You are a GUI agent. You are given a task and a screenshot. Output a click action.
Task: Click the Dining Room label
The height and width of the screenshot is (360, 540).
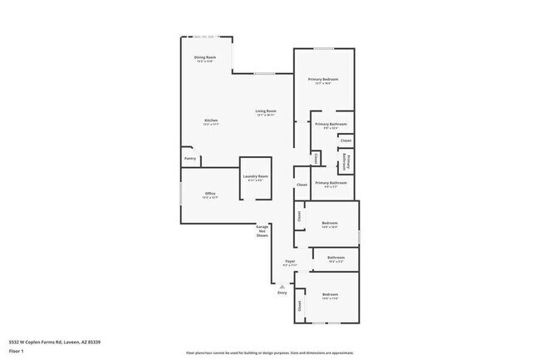point(205,57)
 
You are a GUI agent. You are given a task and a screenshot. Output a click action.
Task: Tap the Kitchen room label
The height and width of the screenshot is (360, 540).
point(211,121)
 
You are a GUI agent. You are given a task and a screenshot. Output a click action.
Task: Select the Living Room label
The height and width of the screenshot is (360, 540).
point(266,111)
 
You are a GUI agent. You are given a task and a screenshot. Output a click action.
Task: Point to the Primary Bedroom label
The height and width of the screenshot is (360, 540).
point(324,79)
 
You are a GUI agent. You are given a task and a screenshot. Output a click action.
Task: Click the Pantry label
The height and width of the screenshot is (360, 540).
point(190,158)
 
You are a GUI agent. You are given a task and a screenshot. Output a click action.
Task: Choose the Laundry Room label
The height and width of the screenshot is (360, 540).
point(255,176)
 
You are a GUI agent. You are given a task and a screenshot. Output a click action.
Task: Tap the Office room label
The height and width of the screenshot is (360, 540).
point(210,194)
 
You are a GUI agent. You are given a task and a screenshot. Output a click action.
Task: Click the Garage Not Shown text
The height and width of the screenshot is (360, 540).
point(262,231)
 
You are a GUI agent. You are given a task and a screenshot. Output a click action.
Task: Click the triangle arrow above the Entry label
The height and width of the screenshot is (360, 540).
point(282,286)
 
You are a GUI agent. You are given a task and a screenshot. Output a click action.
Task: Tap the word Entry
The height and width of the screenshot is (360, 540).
point(282,293)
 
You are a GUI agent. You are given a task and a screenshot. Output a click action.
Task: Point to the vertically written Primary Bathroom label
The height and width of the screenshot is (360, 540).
point(349,162)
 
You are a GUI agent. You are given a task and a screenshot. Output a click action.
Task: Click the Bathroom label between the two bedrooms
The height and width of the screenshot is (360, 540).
point(336,258)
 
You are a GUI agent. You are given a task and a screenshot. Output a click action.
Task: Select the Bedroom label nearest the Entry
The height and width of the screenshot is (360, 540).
point(330,294)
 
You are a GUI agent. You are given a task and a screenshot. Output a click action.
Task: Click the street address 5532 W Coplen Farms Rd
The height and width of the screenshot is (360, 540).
point(50,342)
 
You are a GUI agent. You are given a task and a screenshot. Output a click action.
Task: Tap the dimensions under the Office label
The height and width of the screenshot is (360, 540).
point(210,199)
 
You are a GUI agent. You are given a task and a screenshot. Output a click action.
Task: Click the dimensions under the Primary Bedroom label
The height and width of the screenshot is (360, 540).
point(324,84)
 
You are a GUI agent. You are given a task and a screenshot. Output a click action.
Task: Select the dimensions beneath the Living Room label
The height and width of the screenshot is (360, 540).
point(266,116)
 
